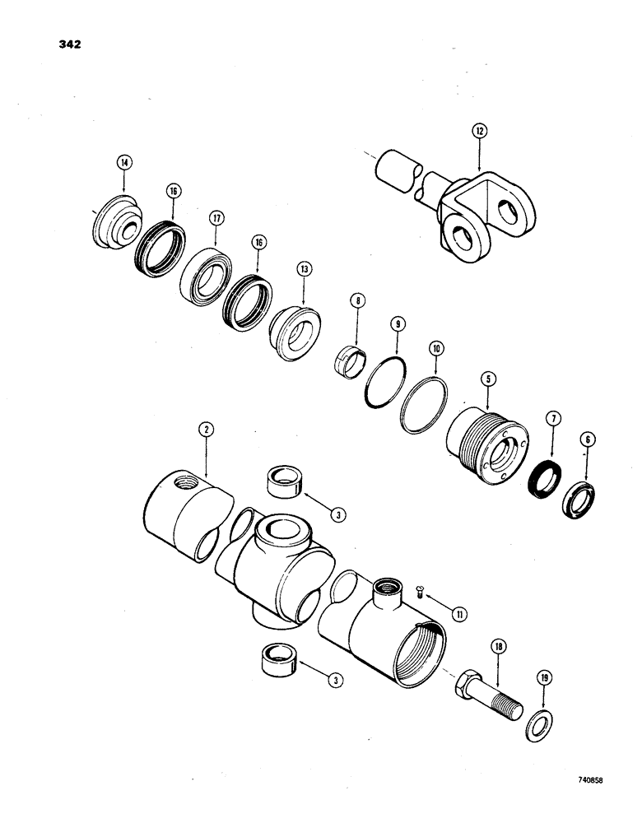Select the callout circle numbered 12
pyautogui.click(x=479, y=130)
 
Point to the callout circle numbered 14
pyautogui.click(x=124, y=164)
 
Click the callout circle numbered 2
pyautogui.click(x=205, y=429)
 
